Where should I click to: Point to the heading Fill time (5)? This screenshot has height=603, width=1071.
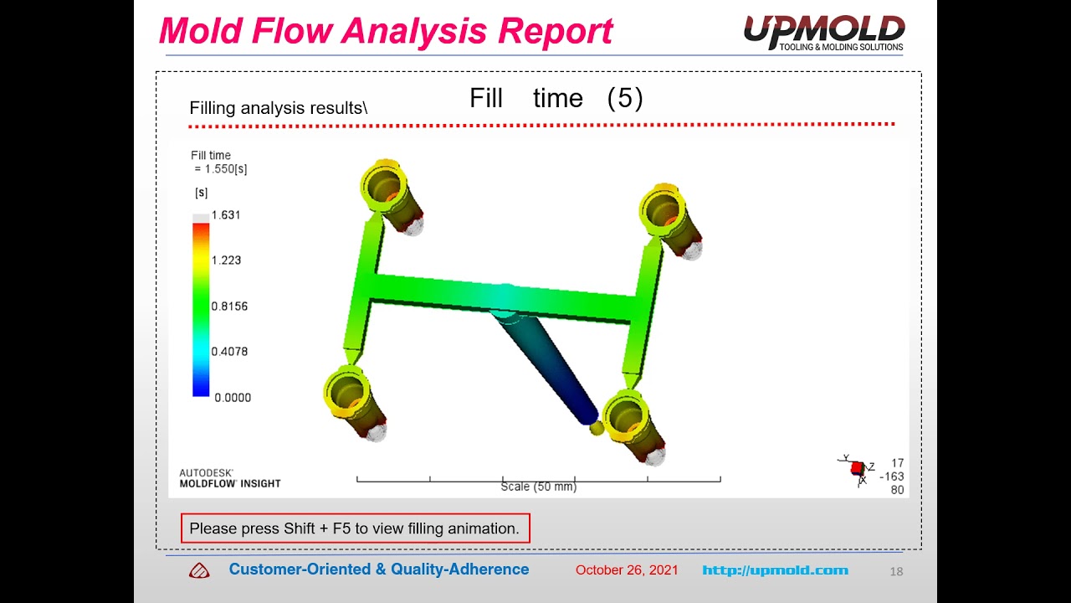tap(556, 98)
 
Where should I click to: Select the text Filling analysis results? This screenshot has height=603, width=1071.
tap(278, 108)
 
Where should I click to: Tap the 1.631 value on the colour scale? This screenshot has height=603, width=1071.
tap(226, 215)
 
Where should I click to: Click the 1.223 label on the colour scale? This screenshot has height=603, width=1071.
tap(226, 260)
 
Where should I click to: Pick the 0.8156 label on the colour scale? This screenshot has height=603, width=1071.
tap(229, 307)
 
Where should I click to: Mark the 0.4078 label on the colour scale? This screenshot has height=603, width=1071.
tap(229, 352)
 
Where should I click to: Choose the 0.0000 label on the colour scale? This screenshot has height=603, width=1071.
tap(232, 398)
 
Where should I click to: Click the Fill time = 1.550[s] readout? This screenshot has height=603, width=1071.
tap(218, 162)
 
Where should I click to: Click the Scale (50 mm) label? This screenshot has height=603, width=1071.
tap(538, 487)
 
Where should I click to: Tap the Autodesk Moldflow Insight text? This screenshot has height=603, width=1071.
tap(229, 478)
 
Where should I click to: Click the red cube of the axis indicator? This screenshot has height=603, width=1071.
tap(857, 468)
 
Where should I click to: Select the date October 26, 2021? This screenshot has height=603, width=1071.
tap(627, 570)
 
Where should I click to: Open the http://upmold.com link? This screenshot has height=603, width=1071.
tap(775, 570)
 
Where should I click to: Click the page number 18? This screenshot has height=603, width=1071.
tap(896, 571)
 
